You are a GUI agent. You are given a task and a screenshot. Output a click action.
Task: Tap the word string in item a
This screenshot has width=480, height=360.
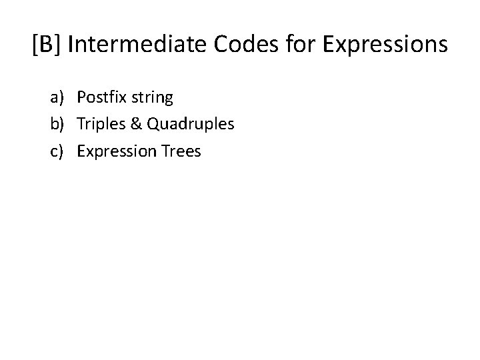pos(151,98)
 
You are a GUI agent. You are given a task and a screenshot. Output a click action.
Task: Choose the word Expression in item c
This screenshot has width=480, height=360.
pos(117,151)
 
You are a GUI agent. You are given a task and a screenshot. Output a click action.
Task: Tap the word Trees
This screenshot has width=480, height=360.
pos(181,151)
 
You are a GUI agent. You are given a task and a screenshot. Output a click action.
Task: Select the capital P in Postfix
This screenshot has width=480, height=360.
pos(81,98)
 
